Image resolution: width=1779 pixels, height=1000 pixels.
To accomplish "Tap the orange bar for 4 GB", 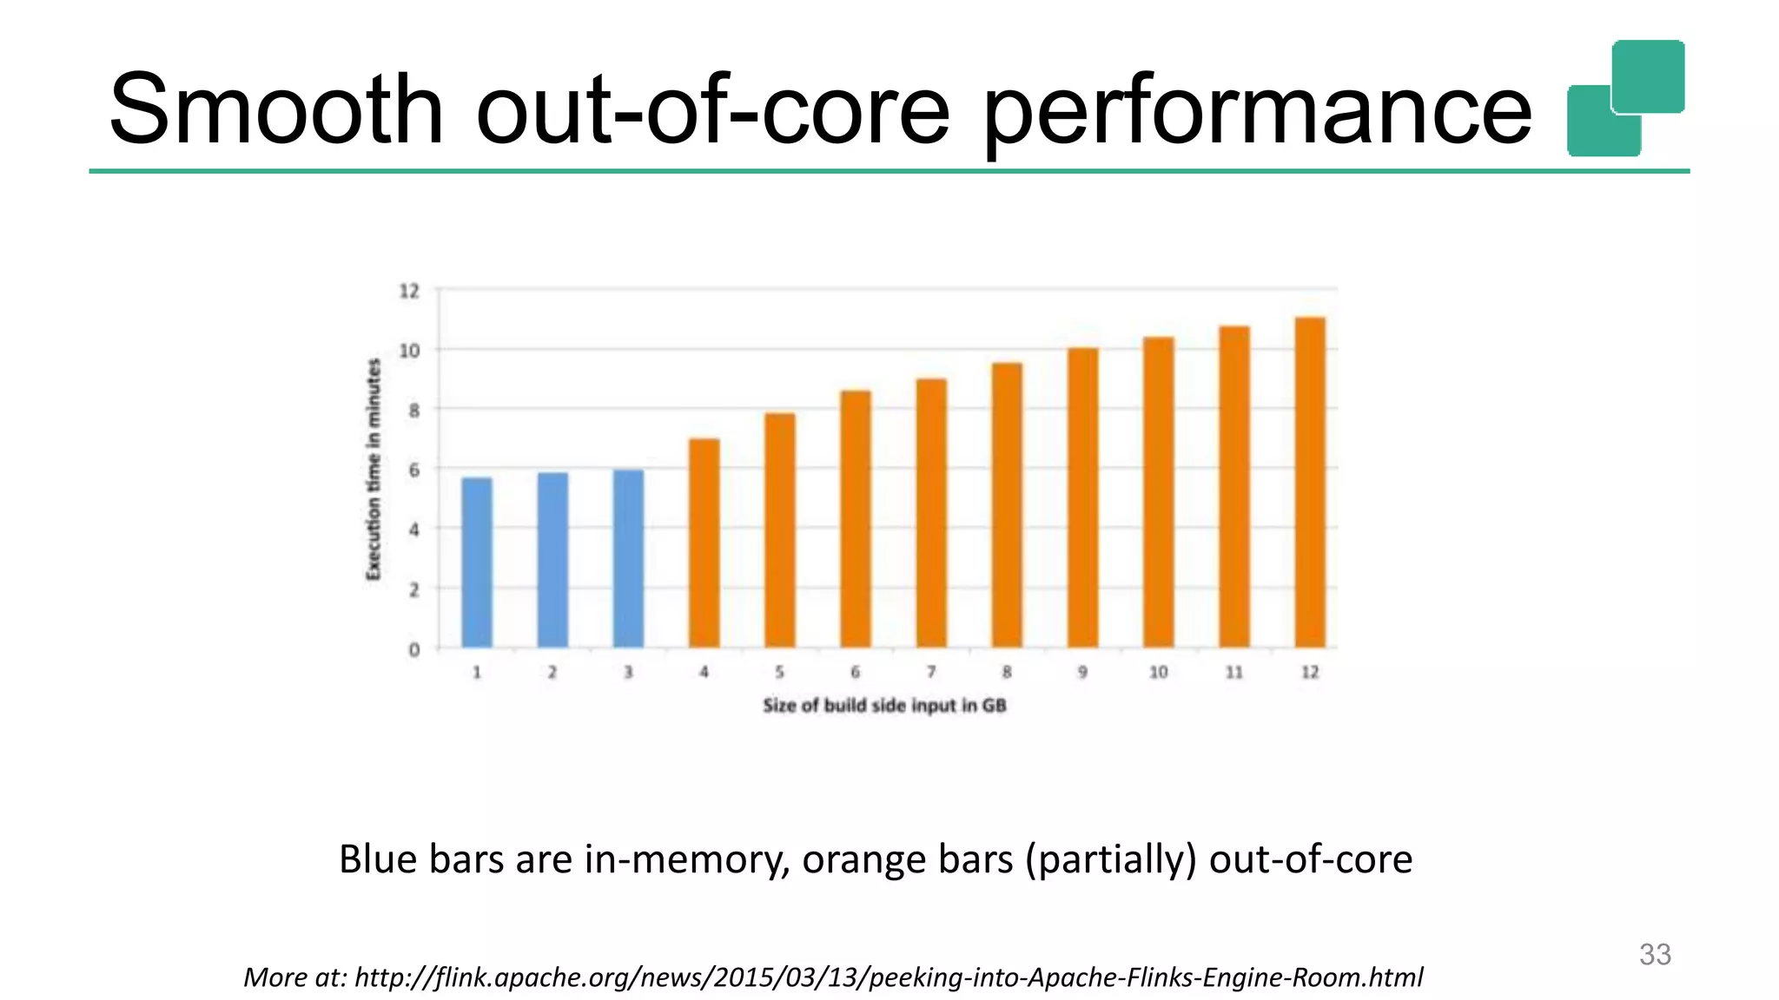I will click(x=704, y=543).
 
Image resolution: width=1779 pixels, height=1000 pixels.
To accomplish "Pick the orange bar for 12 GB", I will click(x=1310, y=483).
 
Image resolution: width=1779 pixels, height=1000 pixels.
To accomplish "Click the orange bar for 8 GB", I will click(x=1007, y=505).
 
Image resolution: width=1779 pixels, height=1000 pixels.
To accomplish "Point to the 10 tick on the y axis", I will click(x=409, y=351).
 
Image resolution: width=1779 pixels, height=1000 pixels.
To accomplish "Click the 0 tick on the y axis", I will click(x=414, y=649).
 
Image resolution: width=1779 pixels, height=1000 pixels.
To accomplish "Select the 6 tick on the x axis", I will click(x=856, y=672).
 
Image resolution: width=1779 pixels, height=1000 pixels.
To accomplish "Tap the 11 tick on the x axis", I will click(x=1234, y=672).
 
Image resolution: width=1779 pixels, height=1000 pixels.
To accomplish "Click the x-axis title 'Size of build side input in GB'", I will click(x=884, y=706).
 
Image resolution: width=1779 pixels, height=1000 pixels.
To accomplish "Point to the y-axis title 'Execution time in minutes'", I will click(x=374, y=469).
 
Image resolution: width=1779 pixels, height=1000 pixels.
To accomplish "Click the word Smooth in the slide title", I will click(x=276, y=109).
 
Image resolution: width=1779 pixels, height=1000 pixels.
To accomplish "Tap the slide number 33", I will click(x=1655, y=954).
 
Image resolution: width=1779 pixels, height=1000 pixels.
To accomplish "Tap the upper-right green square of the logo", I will click(x=1648, y=76).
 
